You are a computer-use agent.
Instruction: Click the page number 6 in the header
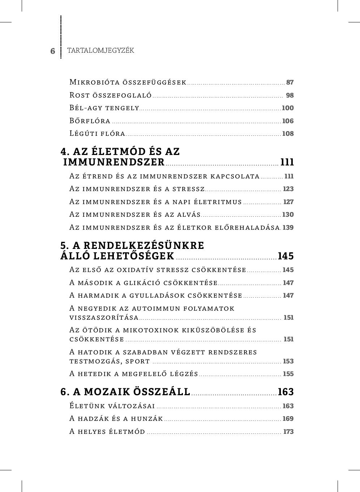53,51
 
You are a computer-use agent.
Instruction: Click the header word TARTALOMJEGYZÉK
100,51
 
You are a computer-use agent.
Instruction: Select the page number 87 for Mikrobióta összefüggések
290,82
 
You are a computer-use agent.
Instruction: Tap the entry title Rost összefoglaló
110,95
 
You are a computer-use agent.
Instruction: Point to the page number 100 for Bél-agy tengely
288,108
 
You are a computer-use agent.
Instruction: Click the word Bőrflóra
90,121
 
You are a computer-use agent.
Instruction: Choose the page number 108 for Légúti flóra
288,134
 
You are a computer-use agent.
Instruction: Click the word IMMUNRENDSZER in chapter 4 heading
114,162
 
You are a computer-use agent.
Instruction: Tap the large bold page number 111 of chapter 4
287,162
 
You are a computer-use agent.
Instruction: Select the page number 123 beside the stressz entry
288,189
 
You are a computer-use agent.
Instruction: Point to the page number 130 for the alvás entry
288,215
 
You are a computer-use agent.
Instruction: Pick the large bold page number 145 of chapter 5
286,256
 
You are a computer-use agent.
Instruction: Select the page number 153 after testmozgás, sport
288,361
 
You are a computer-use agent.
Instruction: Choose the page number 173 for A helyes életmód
288,432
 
